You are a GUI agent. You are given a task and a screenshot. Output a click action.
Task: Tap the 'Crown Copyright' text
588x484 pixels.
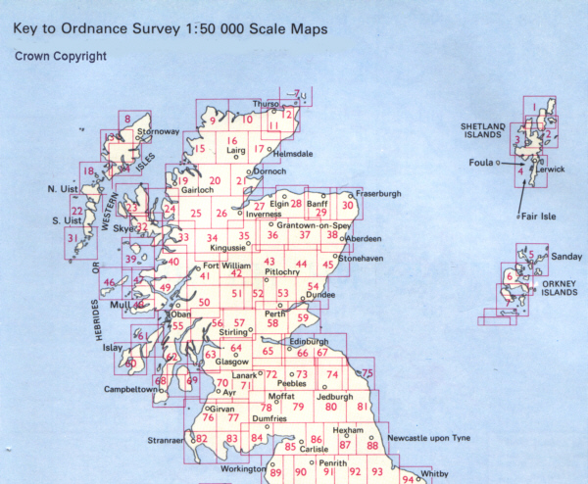tap(61, 57)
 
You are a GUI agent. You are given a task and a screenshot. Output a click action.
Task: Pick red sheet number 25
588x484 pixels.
tap(196, 215)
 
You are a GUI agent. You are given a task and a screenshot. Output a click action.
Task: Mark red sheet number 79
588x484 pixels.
tap(298, 407)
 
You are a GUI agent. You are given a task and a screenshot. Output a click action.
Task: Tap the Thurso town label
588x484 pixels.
tap(266, 104)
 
